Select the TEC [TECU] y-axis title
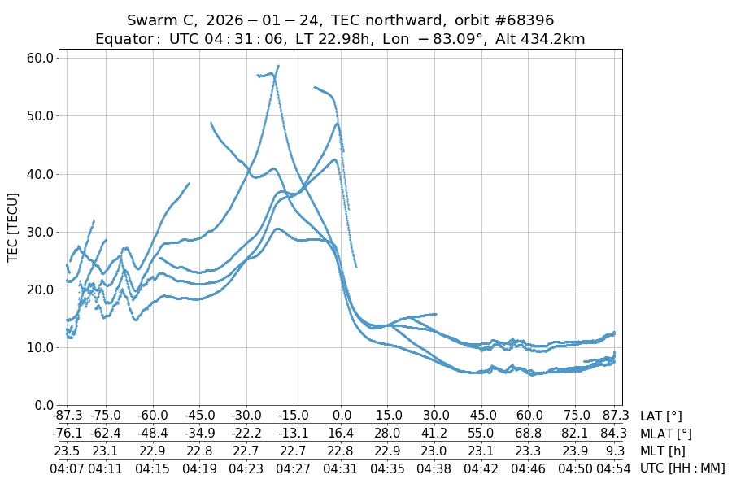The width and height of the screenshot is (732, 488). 13,227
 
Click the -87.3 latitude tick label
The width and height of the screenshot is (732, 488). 67,416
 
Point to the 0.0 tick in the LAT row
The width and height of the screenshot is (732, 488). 342,416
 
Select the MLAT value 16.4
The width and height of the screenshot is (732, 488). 342,434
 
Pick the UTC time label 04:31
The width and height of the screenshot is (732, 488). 342,468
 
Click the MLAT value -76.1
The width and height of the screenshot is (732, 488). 67,434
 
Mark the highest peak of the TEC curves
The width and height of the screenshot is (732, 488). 278,66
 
